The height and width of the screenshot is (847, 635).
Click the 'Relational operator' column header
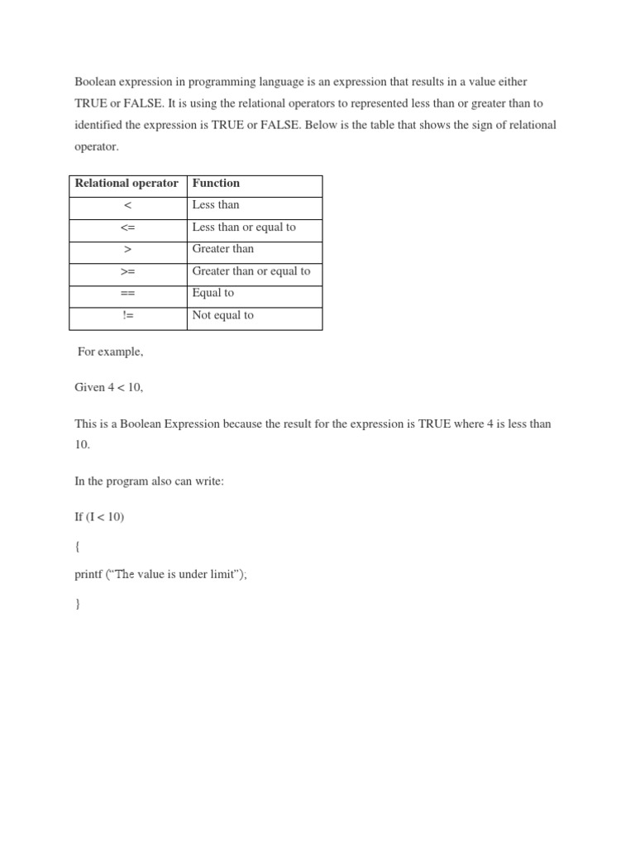point(127,184)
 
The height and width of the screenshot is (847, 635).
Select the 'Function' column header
point(216,184)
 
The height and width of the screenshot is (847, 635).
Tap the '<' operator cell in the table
point(127,205)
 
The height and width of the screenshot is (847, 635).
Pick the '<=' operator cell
point(127,227)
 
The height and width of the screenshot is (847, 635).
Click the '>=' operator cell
point(127,271)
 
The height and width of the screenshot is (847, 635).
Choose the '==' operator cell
point(127,294)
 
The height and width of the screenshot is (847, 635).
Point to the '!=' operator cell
point(127,315)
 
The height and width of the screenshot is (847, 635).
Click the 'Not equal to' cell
point(222,315)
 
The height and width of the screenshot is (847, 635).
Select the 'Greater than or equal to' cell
point(251,271)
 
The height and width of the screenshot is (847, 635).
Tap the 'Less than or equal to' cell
point(244,227)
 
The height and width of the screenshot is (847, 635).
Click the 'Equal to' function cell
point(213,293)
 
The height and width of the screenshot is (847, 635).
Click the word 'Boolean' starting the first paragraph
point(96,82)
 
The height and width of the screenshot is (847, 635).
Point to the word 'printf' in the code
point(88,575)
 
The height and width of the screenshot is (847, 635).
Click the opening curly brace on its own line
point(78,546)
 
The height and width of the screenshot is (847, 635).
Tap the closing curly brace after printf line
point(78,604)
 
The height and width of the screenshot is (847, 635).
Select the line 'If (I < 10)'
point(99,517)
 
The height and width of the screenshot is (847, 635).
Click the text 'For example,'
point(110,352)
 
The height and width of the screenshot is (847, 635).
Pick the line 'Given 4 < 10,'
point(103,388)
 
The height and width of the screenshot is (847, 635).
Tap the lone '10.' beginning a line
point(83,445)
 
